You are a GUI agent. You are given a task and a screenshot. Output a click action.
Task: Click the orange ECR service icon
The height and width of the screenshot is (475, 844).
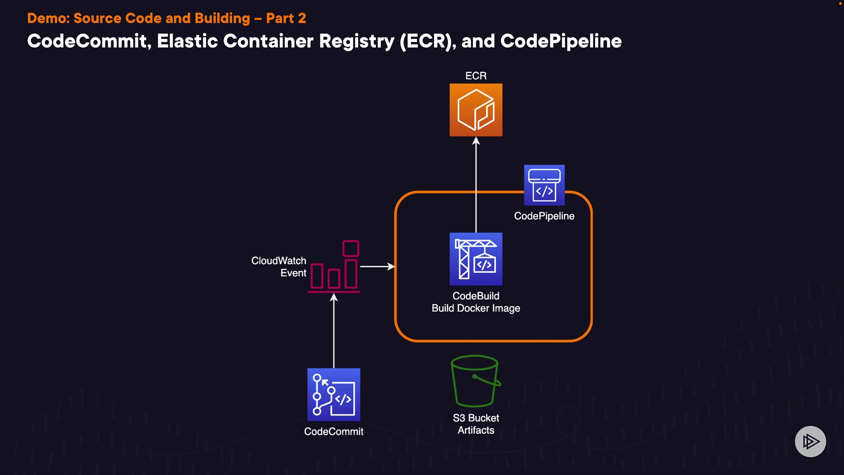click(x=476, y=110)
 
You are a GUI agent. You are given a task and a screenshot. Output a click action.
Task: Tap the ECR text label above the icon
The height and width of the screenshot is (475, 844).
click(x=476, y=76)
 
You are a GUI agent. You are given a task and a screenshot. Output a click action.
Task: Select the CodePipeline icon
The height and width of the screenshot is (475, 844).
click(x=544, y=185)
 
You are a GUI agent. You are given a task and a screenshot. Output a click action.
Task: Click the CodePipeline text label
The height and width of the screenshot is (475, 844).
click(x=544, y=216)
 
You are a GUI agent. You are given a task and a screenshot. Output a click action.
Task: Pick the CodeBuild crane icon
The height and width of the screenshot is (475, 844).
click(x=476, y=259)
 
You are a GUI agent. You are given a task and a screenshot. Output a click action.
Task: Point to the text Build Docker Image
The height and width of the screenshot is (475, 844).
click(x=476, y=308)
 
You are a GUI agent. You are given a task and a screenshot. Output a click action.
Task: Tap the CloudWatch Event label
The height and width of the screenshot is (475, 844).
click(x=279, y=267)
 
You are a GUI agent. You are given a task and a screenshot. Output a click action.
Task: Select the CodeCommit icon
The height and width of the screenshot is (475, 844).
click(x=334, y=395)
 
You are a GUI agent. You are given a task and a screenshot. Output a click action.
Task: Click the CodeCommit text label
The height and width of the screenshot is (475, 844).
click(x=334, y=431)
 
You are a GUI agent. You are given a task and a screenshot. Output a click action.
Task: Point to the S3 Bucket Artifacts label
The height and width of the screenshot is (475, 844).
click(x=476, y=424)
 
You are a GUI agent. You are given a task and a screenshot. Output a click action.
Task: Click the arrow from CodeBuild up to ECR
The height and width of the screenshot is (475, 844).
click(x=476, y=185)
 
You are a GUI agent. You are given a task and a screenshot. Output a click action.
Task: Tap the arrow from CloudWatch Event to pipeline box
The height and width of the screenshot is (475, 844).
click(x=377, y=267)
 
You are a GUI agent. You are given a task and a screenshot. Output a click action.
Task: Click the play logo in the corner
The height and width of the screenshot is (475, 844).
click(x=810, y=441)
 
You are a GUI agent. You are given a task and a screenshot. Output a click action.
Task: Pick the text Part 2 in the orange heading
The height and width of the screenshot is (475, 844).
click(x=286, y=18)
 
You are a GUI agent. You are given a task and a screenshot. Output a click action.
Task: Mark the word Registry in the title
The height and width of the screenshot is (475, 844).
click(x=357, y=41)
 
